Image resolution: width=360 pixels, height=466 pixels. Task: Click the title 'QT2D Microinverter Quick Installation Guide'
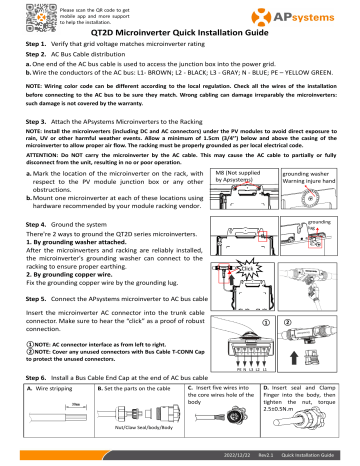click(179, 34)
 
